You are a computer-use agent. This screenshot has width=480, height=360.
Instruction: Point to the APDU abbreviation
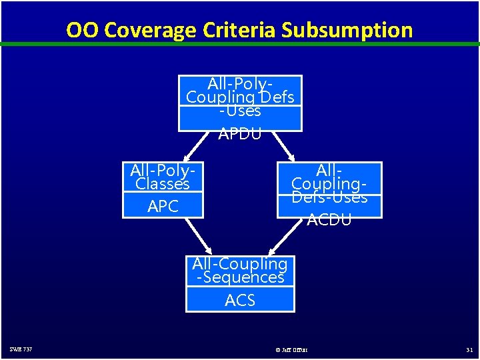click(x=240, y=133)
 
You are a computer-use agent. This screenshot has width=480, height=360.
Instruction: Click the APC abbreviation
click(x=163, y=207)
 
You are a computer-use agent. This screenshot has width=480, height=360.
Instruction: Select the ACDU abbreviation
click(x=329, y=219)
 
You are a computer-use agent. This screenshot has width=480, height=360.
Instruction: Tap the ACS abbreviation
click(x=240, y=301)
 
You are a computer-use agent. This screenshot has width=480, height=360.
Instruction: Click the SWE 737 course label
click(x=21, y=349)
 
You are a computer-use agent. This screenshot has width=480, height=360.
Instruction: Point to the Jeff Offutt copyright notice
click(x=291, y=349)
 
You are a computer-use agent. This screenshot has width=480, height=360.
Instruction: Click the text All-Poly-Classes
click(x=163, y=177)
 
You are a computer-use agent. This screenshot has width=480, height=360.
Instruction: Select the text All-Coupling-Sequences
click(x=240, y=271)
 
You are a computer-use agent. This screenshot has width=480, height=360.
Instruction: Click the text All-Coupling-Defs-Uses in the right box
click(x=329, y=183)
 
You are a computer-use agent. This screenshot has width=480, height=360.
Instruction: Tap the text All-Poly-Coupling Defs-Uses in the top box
click(x=240, y=97)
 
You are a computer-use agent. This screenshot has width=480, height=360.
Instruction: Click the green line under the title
click(x=240, y=44)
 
